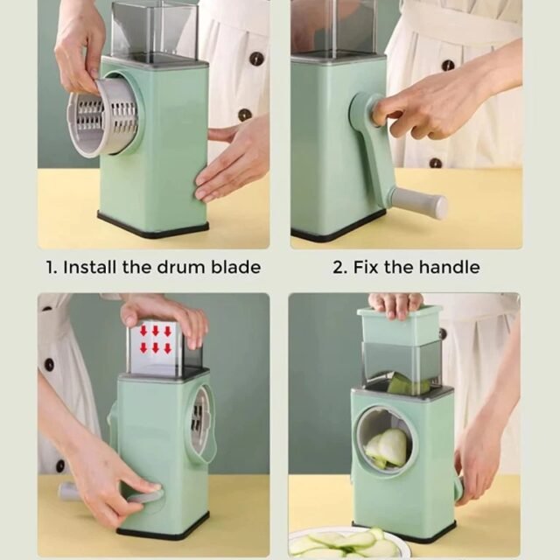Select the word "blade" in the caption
coord(235,267)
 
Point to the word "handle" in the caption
coord(449,267)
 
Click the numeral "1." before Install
coord(51,268)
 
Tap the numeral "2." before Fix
coord(340,268)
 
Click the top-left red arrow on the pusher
coord(143,331)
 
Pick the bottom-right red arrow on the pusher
coord(167,348)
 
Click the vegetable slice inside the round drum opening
coord(388,448)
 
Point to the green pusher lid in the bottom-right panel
coord(400,325)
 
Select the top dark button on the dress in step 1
coord(256,58)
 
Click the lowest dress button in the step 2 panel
coord(436,164)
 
